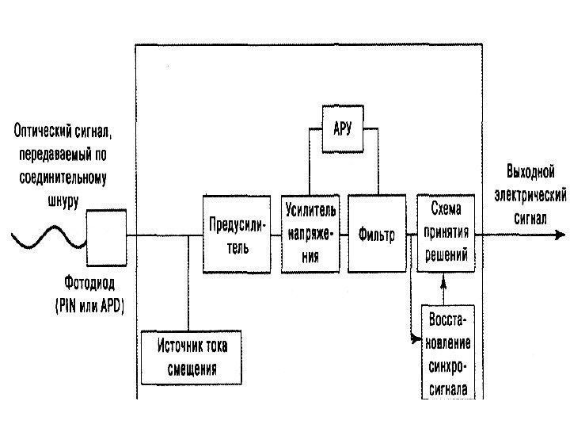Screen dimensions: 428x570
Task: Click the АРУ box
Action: pos(342,129)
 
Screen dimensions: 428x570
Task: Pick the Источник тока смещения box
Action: pos(189,356)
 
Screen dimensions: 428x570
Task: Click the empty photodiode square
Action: pos(106,235)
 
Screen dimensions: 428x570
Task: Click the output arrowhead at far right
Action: pos(560,235)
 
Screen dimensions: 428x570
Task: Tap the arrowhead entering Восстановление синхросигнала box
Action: pos(416,339)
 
